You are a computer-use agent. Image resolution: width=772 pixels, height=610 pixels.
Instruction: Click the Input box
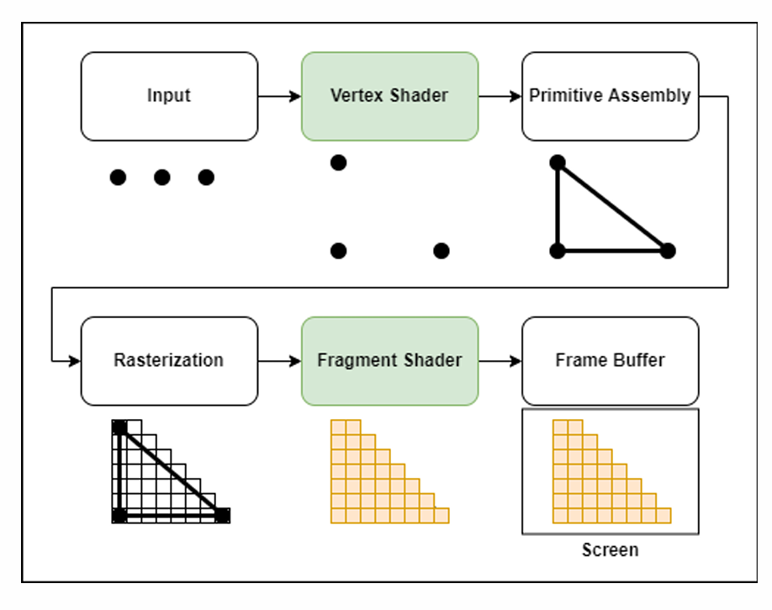pyautogui.click(x=169, y=96)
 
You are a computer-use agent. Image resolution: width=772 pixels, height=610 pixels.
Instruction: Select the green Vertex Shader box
pyautogui.click(x=389, y=96)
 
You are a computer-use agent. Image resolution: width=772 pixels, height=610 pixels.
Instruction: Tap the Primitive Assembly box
pyautogui.click(x=610, y=96)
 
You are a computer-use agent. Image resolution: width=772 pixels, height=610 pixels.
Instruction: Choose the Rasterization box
pyautogui.click(x=169, y=361)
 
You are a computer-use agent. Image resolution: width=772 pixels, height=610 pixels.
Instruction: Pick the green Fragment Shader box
pyautogui.click(x=389, y=361)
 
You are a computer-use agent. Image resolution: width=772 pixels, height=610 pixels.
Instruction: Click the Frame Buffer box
pyautogui.click(x=610, y=361)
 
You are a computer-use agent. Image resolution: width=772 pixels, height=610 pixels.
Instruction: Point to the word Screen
pyautogui.click(x=610, y=550)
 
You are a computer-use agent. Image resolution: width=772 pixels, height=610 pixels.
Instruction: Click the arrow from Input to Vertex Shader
pyautogui.click(x=279, y=96)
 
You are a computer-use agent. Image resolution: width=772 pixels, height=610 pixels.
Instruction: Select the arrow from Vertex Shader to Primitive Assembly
pyautogui.click(x=500, y=96)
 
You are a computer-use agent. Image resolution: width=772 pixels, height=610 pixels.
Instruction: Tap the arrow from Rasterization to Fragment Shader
pyautogui.click(x=279, y=361)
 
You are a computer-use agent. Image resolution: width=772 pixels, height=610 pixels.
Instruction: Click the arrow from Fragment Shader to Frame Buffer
pyautogui.click(x=500, y=361)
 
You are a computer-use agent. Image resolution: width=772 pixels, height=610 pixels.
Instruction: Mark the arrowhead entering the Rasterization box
pyautogui.click(x=75, y=361)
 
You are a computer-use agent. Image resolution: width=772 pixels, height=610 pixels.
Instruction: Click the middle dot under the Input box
pyautogui.click(x=162, y=177)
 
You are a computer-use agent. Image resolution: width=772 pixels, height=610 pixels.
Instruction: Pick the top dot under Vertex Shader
pyautogui.click(x=338, y=162)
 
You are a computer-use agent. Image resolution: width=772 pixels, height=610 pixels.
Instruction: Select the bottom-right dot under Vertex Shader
pyautogui.click(x=442, y=250)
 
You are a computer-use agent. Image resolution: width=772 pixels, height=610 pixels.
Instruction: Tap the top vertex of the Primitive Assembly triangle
pyautogui.click(x=557, y=162)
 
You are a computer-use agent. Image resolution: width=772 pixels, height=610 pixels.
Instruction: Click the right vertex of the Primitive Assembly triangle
pyautogui.click(x=668, y=250)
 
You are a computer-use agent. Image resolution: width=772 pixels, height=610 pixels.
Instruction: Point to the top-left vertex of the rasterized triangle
pyautogui.click(x=119, y=427)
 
